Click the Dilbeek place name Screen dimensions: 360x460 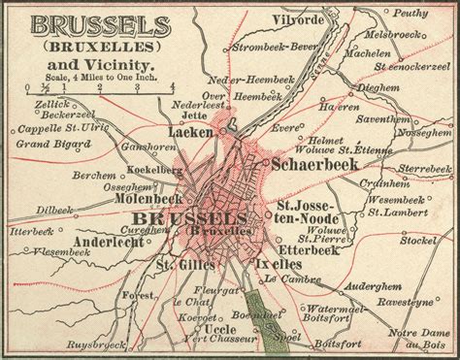click(x=53, y=208)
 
